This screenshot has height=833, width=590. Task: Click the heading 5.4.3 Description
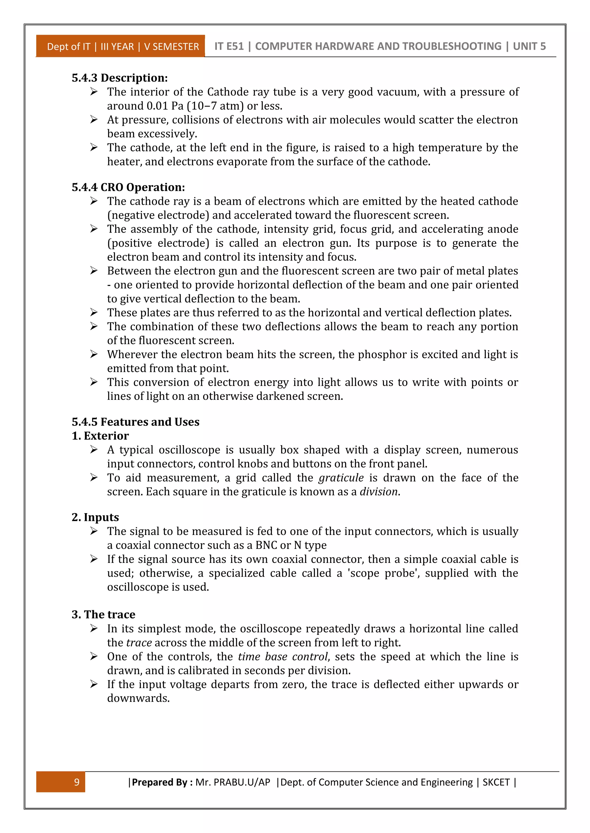[120, 78]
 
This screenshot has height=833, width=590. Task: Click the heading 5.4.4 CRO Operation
[128, 187]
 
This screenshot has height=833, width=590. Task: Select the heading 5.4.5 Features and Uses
[135, 422]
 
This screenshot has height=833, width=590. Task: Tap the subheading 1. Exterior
[100, 436]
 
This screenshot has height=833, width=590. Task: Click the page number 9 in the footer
[77, 782]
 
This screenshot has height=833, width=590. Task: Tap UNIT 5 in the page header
[529, 46]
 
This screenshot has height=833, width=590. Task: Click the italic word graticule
[341, 477]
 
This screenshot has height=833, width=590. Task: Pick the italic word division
[379, 492]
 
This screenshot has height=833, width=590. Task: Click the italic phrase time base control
[283, 656]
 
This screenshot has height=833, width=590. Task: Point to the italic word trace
[139, 643]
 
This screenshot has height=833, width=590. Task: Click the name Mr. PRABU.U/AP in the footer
[232, 782]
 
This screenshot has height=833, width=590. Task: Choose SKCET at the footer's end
[496, 782]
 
